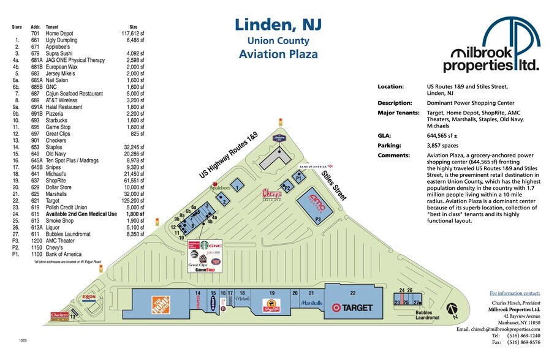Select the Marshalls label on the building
[312, 303]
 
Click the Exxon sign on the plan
[89, 298]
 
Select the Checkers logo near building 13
[59, 315]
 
